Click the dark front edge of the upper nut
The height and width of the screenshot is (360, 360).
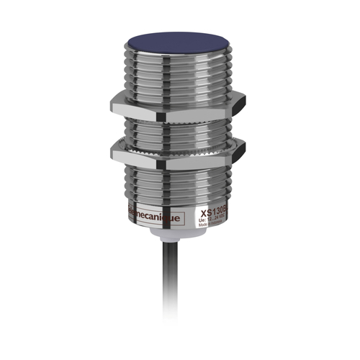[173, 116]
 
